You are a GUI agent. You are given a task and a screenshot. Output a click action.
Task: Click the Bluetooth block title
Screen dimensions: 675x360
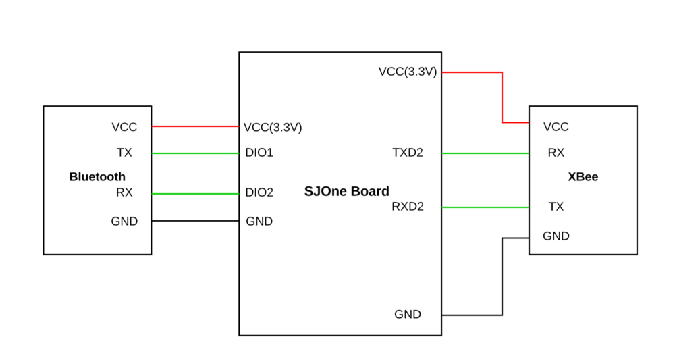point(97,176)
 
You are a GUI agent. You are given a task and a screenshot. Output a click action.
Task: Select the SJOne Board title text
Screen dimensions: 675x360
point(346,191)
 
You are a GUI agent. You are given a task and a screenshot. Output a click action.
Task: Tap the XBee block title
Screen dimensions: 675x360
point(583,176)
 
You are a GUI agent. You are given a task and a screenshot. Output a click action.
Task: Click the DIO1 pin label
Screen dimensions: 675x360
point(259,153)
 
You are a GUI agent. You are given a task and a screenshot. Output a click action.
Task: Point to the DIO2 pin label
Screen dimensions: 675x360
point(259,192)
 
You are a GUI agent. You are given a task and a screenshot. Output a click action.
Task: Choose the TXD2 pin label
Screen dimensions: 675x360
point(408,153)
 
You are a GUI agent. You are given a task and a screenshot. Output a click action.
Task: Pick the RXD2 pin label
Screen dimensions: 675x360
point(408,207)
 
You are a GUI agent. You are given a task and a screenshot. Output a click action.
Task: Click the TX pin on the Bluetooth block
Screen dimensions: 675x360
point(124,153)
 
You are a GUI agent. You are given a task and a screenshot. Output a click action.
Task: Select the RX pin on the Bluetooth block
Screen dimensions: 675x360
point(124,192)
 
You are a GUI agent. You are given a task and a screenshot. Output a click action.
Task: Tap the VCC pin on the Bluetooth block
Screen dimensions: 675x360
point(124,127)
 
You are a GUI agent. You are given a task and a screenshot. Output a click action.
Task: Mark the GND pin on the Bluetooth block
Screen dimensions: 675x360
point(124,222)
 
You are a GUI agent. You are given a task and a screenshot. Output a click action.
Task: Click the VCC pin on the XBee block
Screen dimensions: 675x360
point(556,126)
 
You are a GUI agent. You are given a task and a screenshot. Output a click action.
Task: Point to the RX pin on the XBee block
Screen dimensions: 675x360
point(556,153)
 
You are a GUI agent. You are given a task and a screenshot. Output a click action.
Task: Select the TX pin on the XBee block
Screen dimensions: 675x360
point(556,207)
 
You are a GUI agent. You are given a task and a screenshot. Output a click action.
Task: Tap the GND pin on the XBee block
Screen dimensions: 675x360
point(556,236)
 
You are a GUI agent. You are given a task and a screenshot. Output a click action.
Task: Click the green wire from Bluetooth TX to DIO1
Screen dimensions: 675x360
point(195,153)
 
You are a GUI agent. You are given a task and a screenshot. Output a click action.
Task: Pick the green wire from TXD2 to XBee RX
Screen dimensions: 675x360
point(485,153)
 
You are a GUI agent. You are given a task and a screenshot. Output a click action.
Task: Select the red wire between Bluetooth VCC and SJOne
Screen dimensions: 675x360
point(195,126)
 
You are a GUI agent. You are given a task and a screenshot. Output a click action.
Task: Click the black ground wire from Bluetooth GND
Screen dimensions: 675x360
point(195,221)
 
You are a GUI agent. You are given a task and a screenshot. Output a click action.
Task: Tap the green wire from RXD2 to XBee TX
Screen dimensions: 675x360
point(485,207)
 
